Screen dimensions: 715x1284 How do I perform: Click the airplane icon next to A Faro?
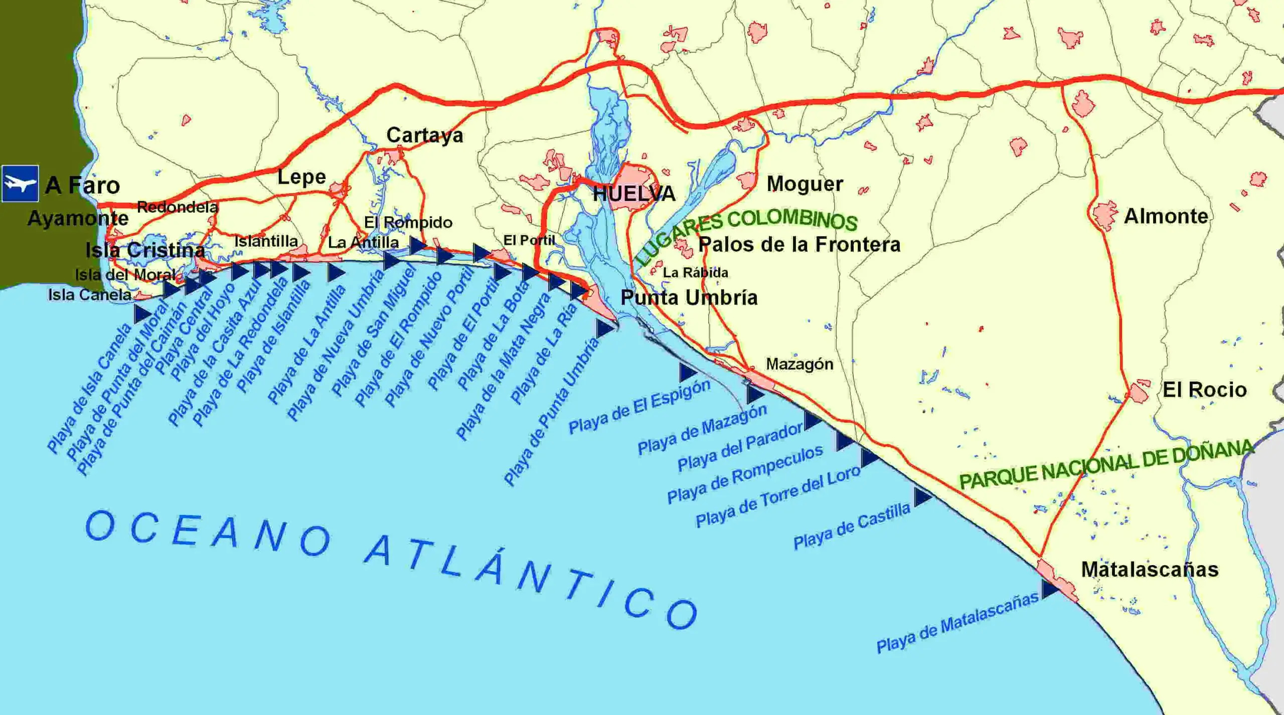pos(20,184)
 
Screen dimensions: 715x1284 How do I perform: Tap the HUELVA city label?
pos(634,194)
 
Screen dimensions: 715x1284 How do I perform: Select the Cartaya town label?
pos(424,135)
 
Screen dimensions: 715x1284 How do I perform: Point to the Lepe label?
pos(301,177)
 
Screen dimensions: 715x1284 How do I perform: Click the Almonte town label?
pos(1166,217)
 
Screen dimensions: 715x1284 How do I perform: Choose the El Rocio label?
pos(1204,390)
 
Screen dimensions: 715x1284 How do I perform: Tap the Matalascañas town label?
pos(1149,570)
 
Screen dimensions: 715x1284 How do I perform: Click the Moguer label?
pos(805,184)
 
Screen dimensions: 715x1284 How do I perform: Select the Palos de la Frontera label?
pos(799,245)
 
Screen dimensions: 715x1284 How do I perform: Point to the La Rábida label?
pos(695,273)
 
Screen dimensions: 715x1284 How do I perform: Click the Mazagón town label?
pos(799,364)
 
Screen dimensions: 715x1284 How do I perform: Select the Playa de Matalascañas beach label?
pos(957,623)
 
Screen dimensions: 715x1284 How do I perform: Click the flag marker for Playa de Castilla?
pos(922,496)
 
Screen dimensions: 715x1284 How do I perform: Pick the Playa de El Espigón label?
pos(639,407)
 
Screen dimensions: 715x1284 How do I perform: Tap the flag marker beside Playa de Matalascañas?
pos(1049,589)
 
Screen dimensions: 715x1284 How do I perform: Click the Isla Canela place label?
pos(90,295)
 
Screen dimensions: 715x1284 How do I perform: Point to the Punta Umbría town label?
pos(689,298)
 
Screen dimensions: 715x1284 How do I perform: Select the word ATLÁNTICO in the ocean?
pos(532,582)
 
